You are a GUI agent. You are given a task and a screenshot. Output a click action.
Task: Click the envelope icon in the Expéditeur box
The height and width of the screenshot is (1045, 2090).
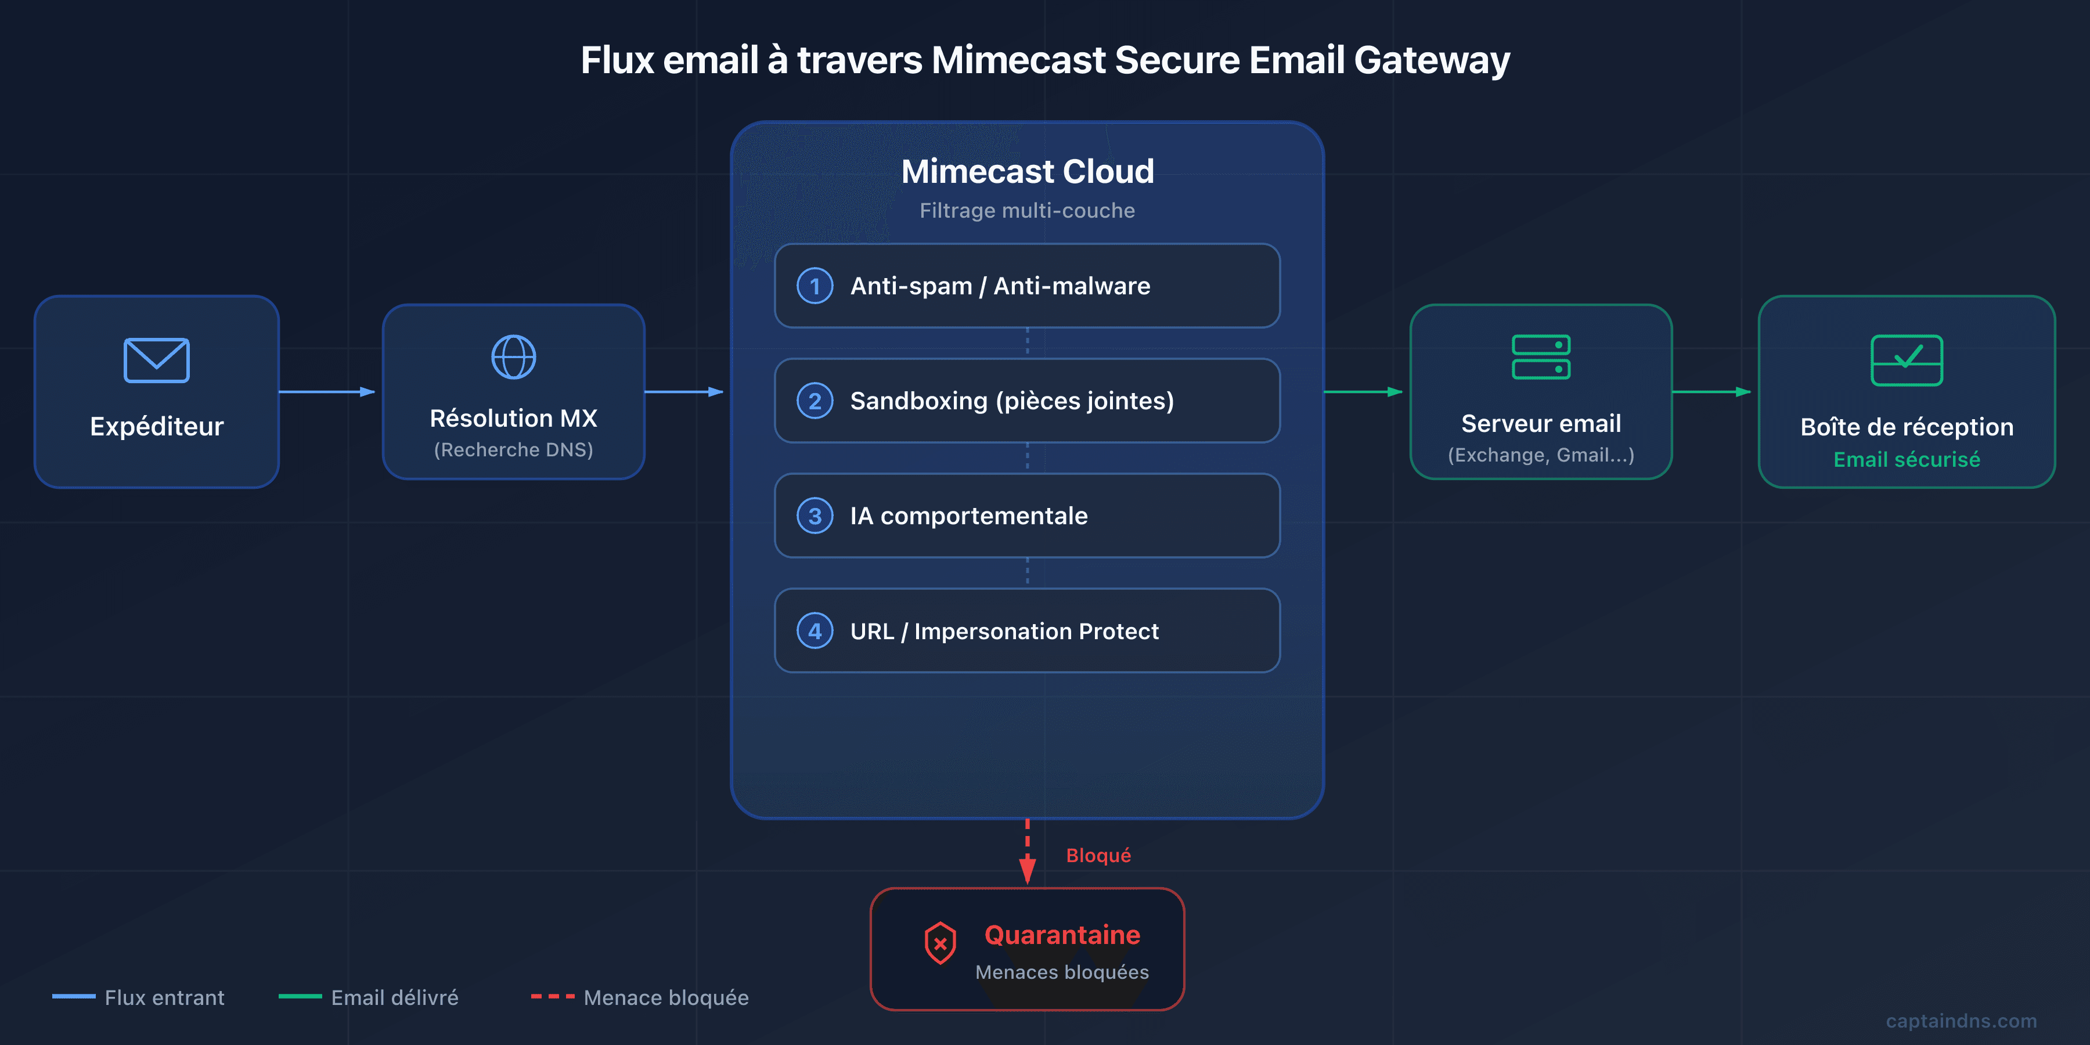(x=157, y=360)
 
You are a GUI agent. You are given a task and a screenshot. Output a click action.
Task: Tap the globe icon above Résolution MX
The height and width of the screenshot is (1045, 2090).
(x=514, y=357)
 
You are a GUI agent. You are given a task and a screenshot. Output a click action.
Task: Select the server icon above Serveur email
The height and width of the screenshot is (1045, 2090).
(x=1541, y=357)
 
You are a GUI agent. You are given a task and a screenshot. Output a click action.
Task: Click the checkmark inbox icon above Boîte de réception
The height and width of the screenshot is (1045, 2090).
(x=1907, y=360)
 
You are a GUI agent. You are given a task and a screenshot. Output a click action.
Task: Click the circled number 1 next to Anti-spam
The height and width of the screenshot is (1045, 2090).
(x=815, y=286)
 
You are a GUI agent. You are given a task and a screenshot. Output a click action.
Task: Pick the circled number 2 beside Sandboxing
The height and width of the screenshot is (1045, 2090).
(x=815, y=401)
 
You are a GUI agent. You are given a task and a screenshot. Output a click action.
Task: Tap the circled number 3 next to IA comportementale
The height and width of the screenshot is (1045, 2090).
(x=815, y=516)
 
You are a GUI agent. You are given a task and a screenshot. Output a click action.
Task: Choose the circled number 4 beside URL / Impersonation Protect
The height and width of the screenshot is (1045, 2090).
(x=815, y=631)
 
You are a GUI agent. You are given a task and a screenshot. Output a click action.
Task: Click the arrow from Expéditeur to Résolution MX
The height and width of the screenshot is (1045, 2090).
(x=326, y=392)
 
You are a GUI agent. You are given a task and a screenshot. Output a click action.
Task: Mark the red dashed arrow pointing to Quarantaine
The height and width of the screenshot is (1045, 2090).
(x=1027, y=852)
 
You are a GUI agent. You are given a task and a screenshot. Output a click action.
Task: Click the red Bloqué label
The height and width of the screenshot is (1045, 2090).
(x=1098, y=856)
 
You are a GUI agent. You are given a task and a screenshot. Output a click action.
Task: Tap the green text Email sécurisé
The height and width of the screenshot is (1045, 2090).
(x=1907, y=460)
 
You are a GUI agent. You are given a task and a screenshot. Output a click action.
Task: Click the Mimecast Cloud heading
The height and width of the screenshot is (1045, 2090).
(x=1027, y=171)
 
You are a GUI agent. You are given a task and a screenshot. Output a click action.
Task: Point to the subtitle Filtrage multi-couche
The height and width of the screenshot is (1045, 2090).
(x=1027, y=211)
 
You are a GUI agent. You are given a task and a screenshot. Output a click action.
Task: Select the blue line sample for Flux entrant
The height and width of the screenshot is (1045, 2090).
(x=74, y=996)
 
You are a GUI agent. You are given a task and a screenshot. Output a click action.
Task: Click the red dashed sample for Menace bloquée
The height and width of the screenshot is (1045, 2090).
(x=553, y=996)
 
